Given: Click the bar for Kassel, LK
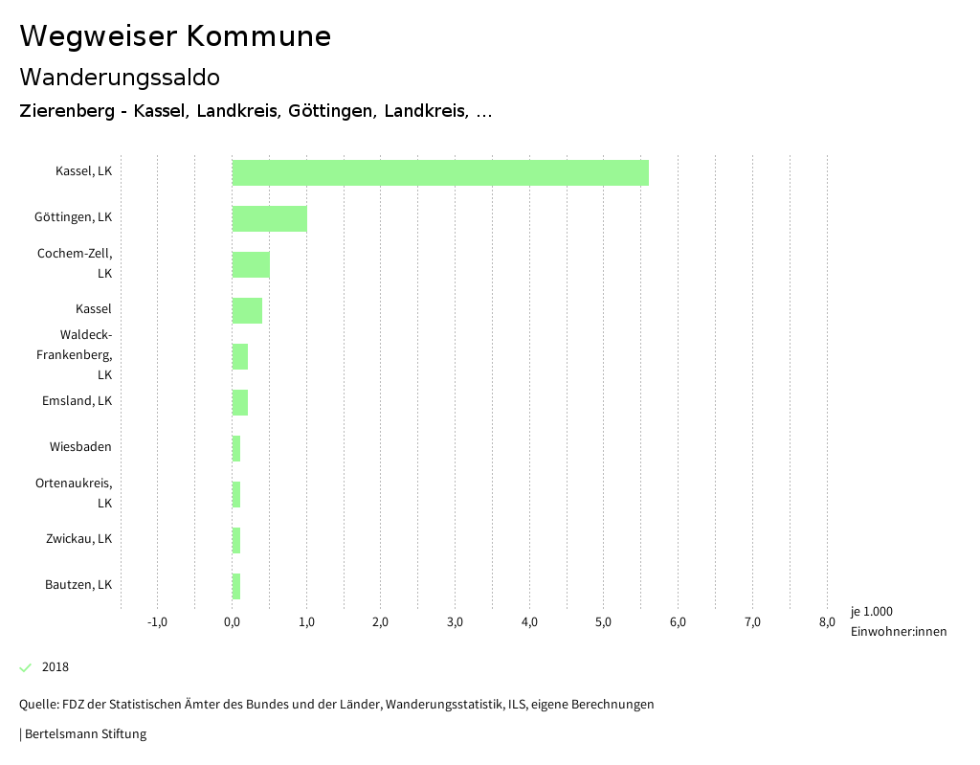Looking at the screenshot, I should point(440,172).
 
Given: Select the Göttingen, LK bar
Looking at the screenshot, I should point(270,218).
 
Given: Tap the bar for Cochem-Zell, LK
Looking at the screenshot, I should point(251,264).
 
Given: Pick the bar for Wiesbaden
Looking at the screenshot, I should point(236,448).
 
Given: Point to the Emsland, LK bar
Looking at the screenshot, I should point(240,402).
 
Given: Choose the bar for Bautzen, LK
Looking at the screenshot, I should point(236,586).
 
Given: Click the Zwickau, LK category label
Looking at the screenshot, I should point(78,538).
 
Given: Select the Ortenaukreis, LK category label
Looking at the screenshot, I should point(75,492).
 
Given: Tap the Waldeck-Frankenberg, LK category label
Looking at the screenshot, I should point(86,354).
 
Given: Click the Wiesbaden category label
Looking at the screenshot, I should point(80,446).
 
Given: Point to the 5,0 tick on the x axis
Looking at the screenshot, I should point(603,622).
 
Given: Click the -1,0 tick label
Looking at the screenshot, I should point(157,622).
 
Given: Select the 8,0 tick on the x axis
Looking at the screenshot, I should point(827,622).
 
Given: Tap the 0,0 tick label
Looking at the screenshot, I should point(232,622).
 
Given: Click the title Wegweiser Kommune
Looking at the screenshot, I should point(175,35).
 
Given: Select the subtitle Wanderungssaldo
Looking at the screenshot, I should point(120,77).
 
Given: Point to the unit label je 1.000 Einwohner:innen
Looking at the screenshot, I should point(898,620).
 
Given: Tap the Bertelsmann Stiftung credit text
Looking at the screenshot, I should point(85,734).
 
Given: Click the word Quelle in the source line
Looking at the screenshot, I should point(37,704).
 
